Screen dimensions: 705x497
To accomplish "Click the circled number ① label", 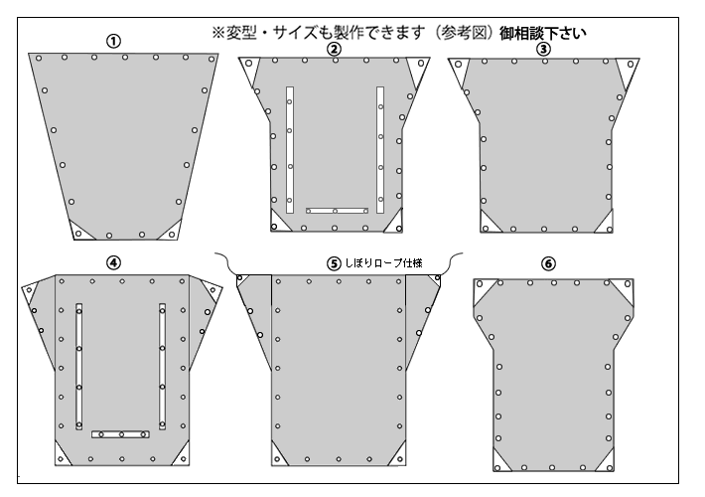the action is tap(113, 42).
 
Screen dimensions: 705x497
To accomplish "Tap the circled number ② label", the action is tap(334, 49).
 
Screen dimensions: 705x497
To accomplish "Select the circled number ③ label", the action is tap(543, 49).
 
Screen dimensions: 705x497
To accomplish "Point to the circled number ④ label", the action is tap(113, 262).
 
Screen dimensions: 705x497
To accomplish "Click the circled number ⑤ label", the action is tap(334, 263).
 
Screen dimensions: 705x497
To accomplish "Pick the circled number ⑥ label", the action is tap(548, 263).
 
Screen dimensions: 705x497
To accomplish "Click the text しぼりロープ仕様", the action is tap(383, 262).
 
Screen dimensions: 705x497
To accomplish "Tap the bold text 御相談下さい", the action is tap(543, 33).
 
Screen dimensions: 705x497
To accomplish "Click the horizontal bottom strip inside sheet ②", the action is tap(338, 211).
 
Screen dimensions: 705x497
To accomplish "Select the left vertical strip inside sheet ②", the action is tap(290, 150).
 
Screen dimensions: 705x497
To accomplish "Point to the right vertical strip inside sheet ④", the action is tap(162, 367).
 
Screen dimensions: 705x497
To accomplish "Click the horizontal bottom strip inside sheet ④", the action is tap(120, 434).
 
